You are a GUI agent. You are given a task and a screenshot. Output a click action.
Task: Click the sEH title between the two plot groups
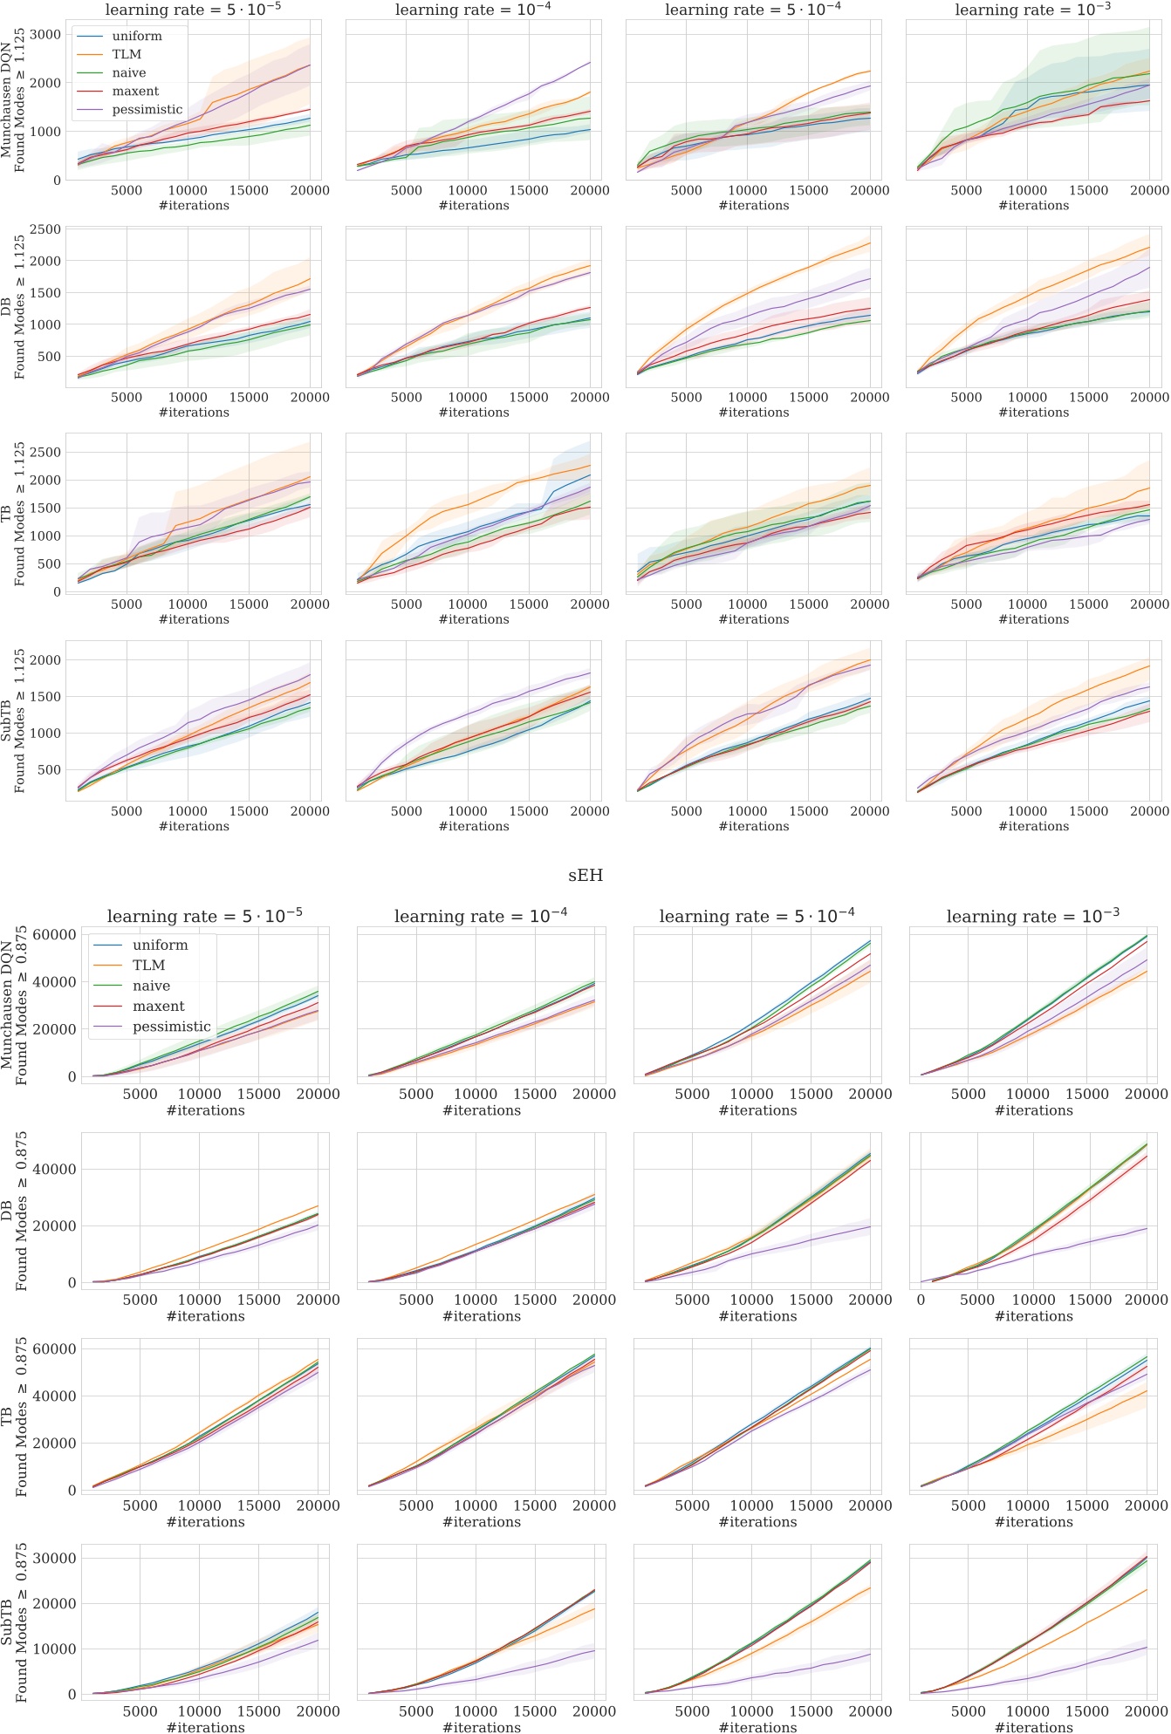585,875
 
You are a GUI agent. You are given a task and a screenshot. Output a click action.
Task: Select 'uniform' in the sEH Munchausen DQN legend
160,945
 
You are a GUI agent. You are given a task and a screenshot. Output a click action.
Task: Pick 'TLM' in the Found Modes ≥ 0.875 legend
149,966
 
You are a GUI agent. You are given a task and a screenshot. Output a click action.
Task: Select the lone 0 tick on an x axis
921,1300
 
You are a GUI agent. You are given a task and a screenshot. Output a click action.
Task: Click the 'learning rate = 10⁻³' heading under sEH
1032,916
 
